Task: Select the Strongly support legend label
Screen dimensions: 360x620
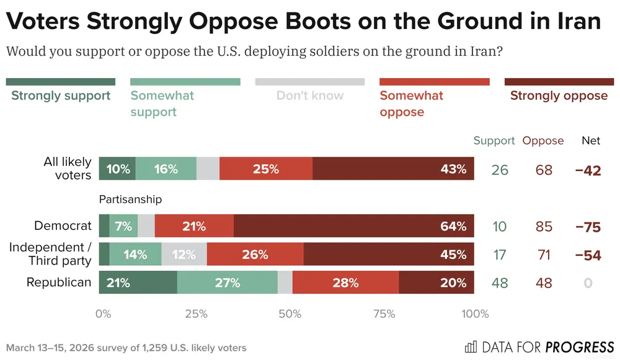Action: pyautogui.click(x=61, y=95)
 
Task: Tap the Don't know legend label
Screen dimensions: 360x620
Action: pyautogui.click(x=309, y=95)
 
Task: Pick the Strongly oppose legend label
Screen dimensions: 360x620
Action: pyautogui.click(x=559, y=95)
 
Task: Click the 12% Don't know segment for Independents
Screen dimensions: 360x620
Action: pyautogui.click(x=184, y=254)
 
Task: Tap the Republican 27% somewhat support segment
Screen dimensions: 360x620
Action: pyautogui.click(x=227, y=283)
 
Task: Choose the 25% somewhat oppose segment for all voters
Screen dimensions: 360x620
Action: pyautogui.click(x=266, y=169)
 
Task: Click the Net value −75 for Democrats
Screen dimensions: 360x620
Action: pyautogui.click(x=588, y=227)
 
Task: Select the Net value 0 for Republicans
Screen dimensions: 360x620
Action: pyautogui.click(x=588, y=283)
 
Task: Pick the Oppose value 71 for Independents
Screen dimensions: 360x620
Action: pyautogui.click(x=544, y=255)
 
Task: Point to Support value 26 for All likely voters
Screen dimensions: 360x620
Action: pyautogui.click(x=500, y=169)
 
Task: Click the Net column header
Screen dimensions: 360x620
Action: pyautogui.click(x=591, y=141)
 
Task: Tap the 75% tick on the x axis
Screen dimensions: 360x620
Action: pyautogui.click(x=384, y=314)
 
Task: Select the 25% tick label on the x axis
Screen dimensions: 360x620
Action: pyautogui.click(x=196, y=314)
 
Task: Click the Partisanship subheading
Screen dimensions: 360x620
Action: pyautogui.click(x=130, y=200)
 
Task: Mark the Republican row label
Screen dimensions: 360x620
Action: pyautogui.click(x=59, y=283)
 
